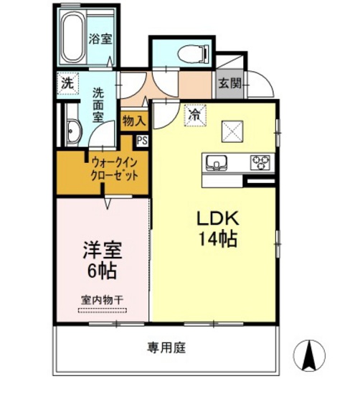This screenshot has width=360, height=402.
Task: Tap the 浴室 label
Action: tap(99, 39)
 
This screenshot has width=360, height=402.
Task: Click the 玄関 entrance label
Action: tap(229, 83)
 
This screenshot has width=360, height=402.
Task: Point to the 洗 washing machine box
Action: tap(67, 83)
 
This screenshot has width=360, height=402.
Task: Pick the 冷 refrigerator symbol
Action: tap(194, 113)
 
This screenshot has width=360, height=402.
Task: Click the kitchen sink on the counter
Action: tap(217, 161)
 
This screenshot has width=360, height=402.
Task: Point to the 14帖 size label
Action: tap(213, 239)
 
